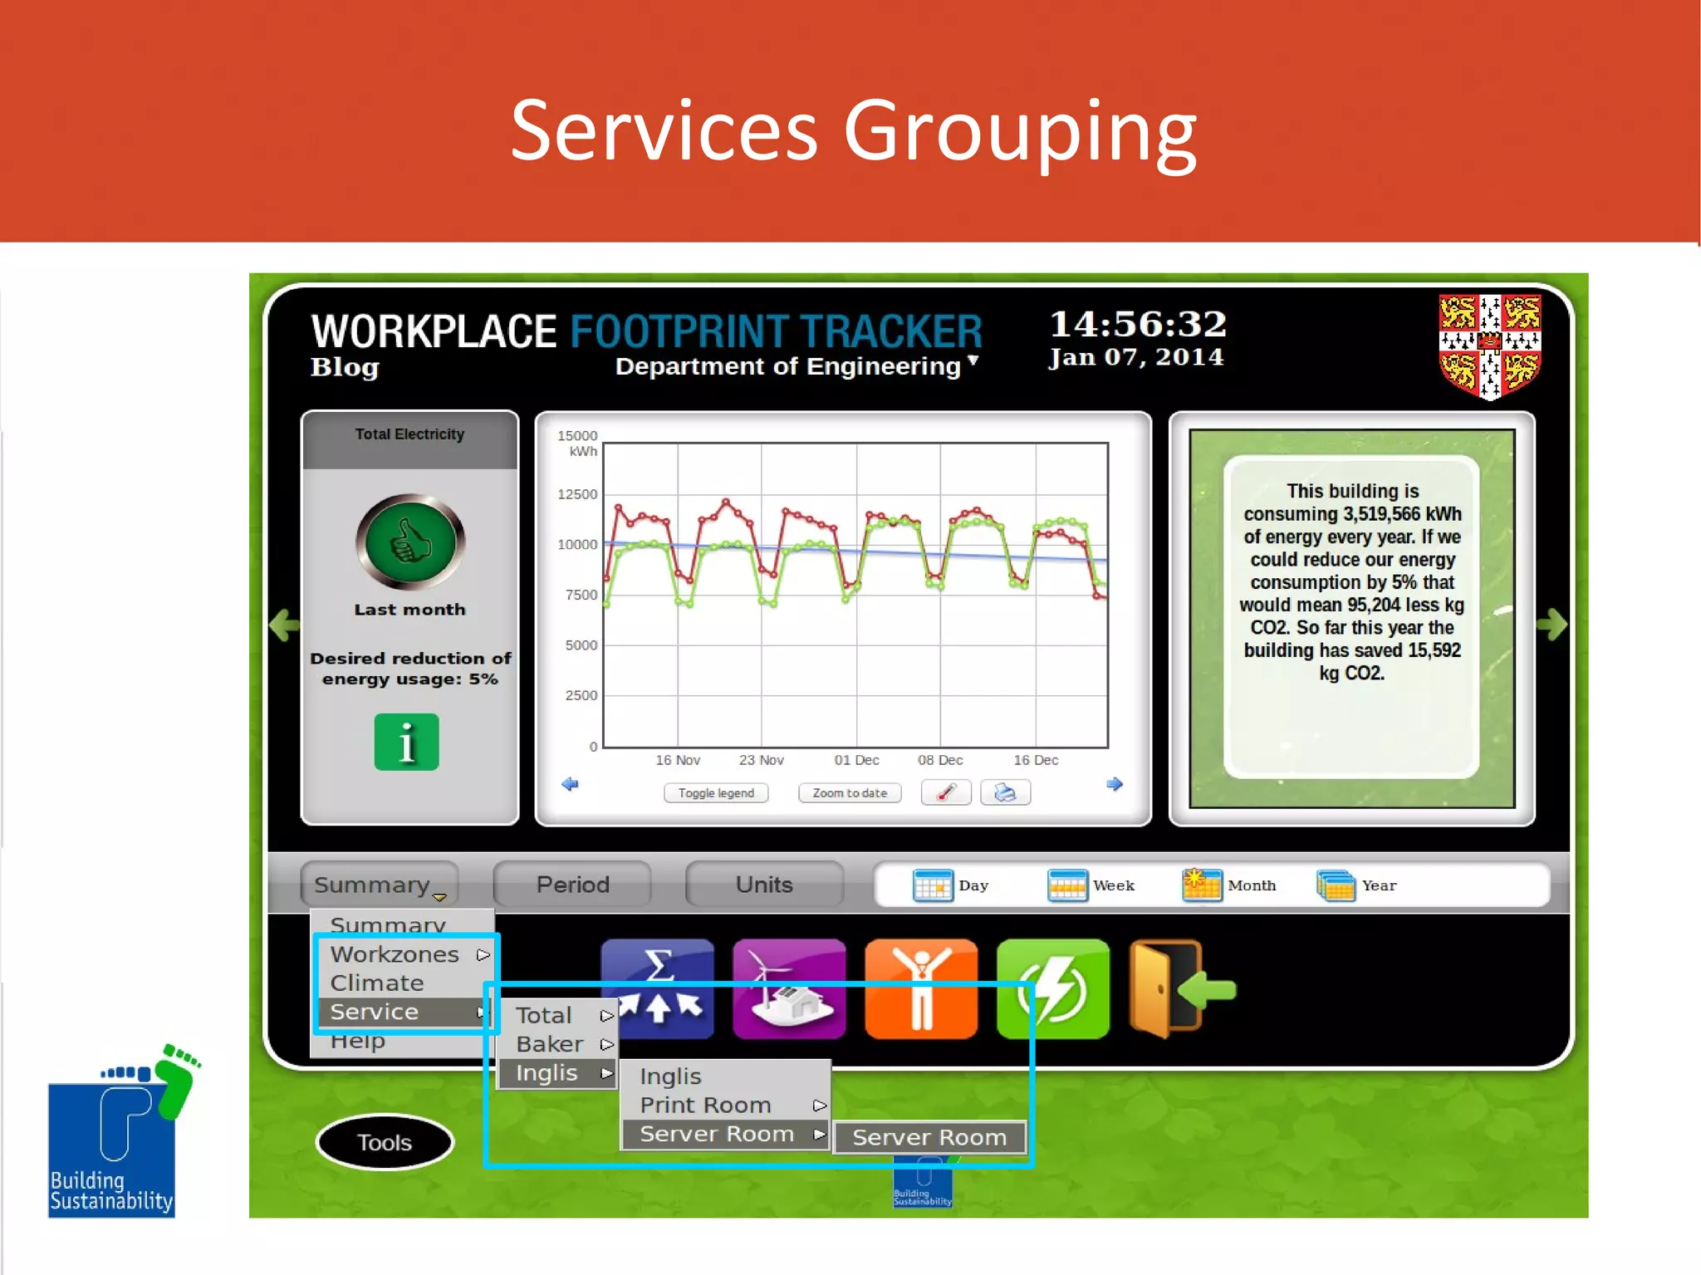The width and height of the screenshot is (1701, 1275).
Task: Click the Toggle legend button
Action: [716, 793]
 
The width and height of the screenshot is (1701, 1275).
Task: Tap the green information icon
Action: [406, 742]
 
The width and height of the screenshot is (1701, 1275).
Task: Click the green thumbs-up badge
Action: [410, 542]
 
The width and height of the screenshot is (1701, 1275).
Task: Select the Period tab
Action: [572, 885]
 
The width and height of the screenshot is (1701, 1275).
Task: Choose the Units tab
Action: [764, 885]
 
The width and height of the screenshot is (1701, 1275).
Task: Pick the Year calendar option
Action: [1357, 885]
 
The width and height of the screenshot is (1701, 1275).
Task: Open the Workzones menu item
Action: [395, 954]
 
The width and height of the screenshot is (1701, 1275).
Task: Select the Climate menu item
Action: [377, 983]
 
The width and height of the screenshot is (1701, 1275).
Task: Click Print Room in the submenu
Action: [706, 1105]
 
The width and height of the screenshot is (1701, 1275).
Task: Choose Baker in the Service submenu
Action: [550, 1044]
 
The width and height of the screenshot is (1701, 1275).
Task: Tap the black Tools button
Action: [385, 1143]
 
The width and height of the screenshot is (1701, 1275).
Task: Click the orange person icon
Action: [920, 988]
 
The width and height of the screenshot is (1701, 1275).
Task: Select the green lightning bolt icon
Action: [1052, 988]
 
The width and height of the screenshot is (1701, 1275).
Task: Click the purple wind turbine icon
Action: [789, 988]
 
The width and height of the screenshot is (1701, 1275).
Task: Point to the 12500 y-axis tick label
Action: [577, 494]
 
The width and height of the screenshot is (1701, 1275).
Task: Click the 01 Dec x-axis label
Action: [856, 760]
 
